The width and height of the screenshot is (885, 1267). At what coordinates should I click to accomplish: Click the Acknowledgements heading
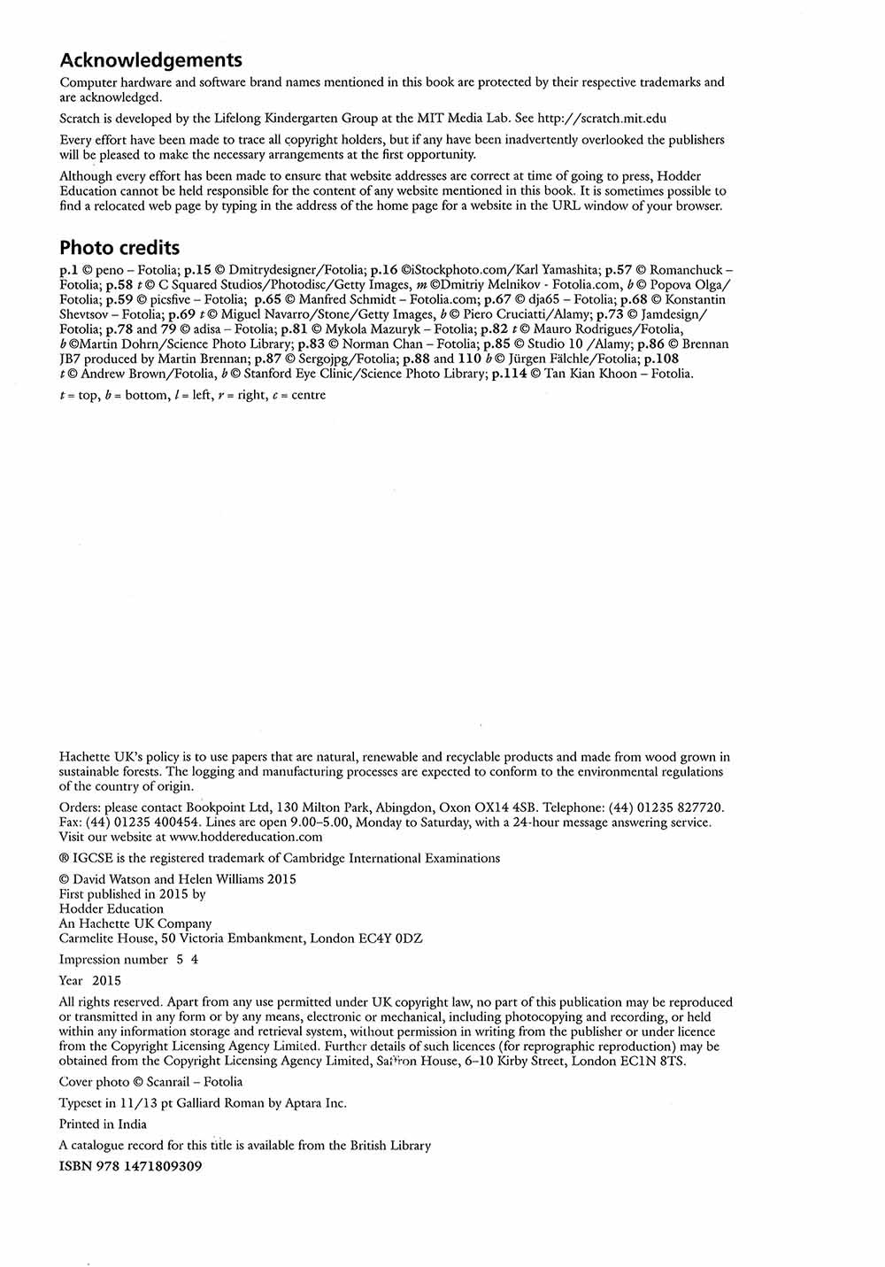[150, 61]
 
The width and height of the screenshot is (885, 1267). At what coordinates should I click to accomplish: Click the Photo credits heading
[119, 248]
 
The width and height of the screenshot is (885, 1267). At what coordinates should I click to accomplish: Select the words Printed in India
[103, 1124]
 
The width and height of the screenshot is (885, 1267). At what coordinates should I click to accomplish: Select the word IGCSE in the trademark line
[93, 858]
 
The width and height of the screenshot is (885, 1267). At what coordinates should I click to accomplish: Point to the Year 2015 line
[90, 981]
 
